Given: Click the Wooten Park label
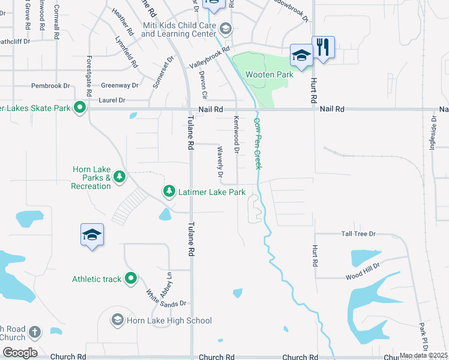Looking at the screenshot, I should point(270,74).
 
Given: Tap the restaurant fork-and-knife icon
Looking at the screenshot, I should point(323,47).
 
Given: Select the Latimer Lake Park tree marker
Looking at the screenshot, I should point(170,191).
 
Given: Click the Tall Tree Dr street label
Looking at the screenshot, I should point(358,233).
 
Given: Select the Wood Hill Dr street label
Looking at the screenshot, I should point(363,271).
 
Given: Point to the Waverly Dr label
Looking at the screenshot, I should point(220,163).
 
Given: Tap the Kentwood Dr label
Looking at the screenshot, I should point(237,134).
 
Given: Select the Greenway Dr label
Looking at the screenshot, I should point(119,86).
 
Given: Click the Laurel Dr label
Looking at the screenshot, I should point(113,100).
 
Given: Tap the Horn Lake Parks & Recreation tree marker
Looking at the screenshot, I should point(120,176).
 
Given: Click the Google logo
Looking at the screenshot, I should point(19,352).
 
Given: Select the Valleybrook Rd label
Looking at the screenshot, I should point(209,58).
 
